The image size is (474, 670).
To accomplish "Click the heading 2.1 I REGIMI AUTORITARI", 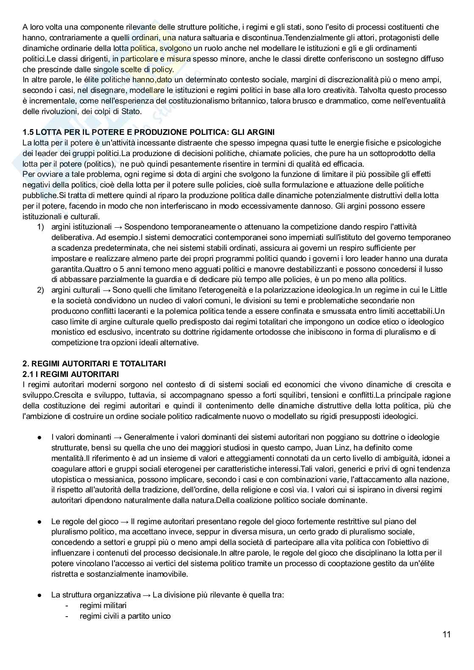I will tap(70, 374).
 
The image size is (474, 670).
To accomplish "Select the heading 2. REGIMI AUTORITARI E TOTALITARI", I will tap(94, 363).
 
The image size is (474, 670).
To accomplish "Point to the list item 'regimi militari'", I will tap(103, 605).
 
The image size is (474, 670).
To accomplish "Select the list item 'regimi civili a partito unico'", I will tap(125, 616).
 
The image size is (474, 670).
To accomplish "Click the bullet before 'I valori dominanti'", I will tap(39, 437).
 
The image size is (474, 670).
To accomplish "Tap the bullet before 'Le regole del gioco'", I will tap(39, 522).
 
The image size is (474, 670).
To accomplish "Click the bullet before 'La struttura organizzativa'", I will tap(39, 595).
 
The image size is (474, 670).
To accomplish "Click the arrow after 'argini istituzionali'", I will tap(119, 227).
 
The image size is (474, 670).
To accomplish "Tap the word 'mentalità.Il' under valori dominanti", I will tap(70, 458).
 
